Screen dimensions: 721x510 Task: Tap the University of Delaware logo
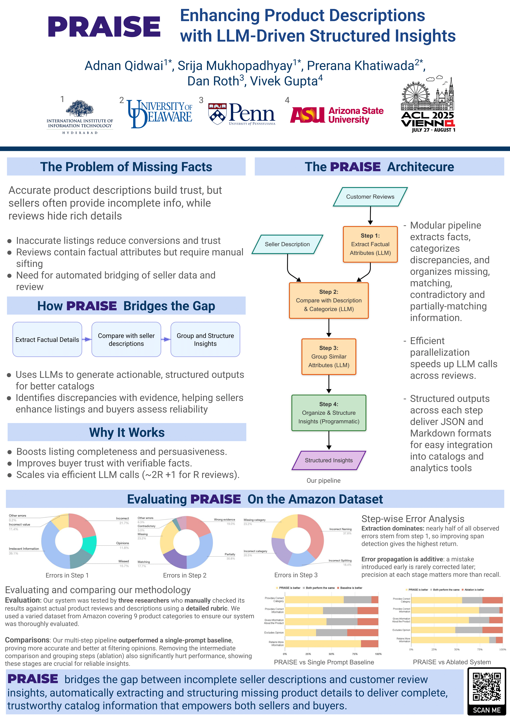pyautogui.click(x=160, y=114)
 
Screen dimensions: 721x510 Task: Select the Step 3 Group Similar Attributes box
pyautogui.click(x=329, y=356)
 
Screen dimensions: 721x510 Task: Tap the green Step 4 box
pyautogui.click(x=329, y=413)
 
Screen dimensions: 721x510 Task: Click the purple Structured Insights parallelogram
pyautogui.click(x=329, y=460)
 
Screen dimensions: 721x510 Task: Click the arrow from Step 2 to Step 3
pyautogui.click(x=329, y=328)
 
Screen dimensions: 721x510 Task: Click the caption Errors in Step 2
pyautogui.click(x=185, y=575)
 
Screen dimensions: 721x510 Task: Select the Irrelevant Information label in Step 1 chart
pyautogui.click(x=24, y=549)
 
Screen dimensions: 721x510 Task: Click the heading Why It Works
pyautogui.click(x=127, y=432)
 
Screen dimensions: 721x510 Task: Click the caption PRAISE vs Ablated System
pyautogui.click(x=452, y=662)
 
